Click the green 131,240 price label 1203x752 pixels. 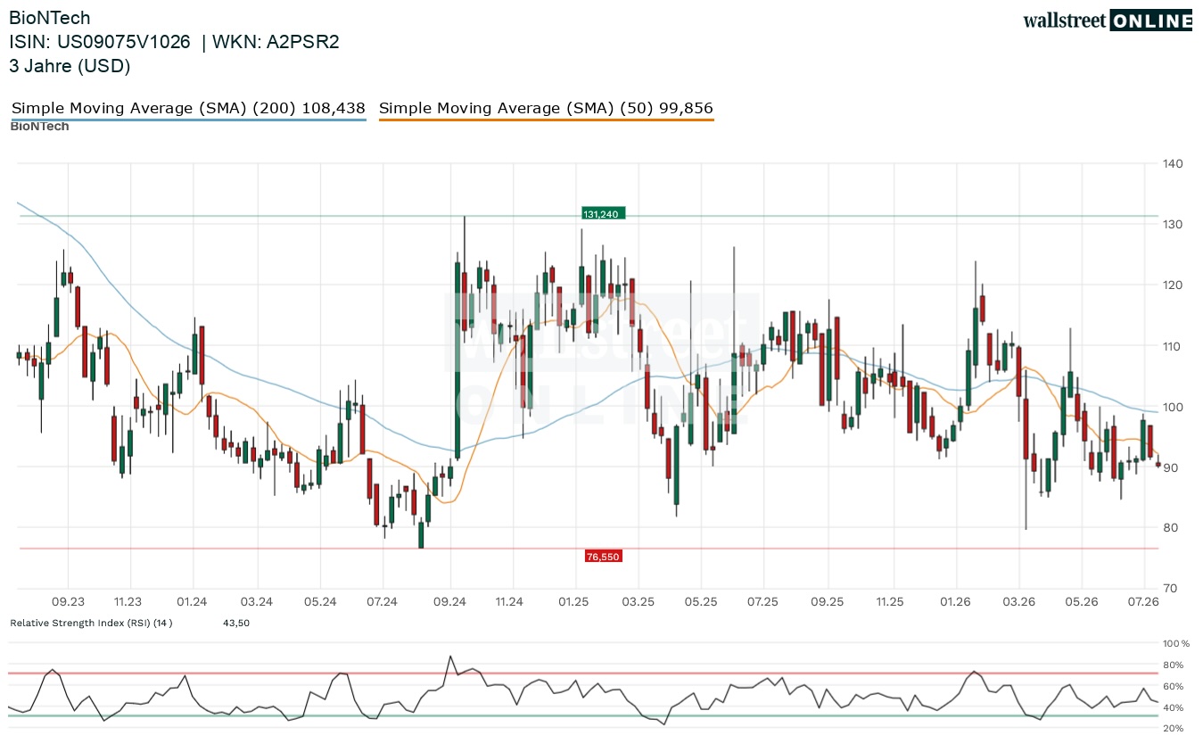(x=603, y=214)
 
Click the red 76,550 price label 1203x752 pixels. (x=603, y=557)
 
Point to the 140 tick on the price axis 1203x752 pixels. (x=1173, y=164)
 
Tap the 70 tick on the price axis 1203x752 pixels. (x=1170, y=588)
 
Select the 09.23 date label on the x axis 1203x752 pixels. (x=68, y=601)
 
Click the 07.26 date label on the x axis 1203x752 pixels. (x=1143, y=601)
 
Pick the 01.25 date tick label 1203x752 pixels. (x=573, y=601)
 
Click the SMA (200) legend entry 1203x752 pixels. (x=188, y=109)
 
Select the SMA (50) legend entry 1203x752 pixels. (x=546, y=109)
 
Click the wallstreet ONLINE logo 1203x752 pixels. (x=1108, y=21)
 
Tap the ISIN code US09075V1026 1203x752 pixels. (x=124, y=42)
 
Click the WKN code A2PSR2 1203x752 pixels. (x=303, y=42)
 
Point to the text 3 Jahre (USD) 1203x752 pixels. (x=70, y=66)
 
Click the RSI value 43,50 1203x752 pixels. (x=236, y=623)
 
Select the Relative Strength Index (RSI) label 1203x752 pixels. (x=91, y=623)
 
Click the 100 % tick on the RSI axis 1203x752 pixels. (x=1176, y=643)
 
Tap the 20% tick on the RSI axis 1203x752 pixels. (x=1174, y=729)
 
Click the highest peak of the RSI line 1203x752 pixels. (x=450, y=656)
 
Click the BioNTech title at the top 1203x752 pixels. (x=50, y=18)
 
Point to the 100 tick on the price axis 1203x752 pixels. (x=1173, y=407)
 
